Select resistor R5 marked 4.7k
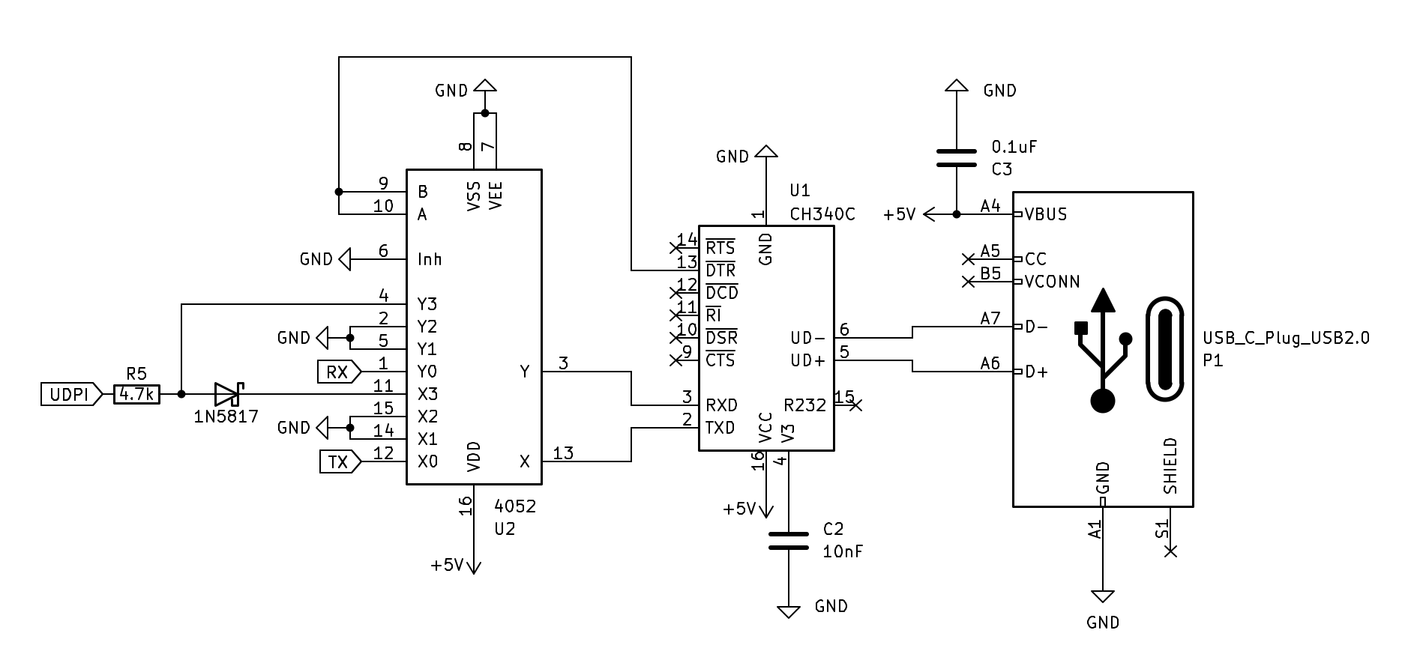[x=136, y=394]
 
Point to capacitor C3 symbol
[x=956, y=158]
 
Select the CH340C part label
[x=822, y=214]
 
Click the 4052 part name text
[x=515, y=506]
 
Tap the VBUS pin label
[x=1046, y=214]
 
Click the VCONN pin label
[x=1052, y=282]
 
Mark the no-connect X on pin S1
[x=1170, y=551]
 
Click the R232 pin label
[x=804, y=405]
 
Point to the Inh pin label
[x=430, y=259]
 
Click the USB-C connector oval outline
[x=1164, y=350]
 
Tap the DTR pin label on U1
[x=720, y=270]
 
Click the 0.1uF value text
[x=1014, y=147]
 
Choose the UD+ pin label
[x=807, y=360]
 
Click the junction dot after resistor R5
[x=181, y=393]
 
